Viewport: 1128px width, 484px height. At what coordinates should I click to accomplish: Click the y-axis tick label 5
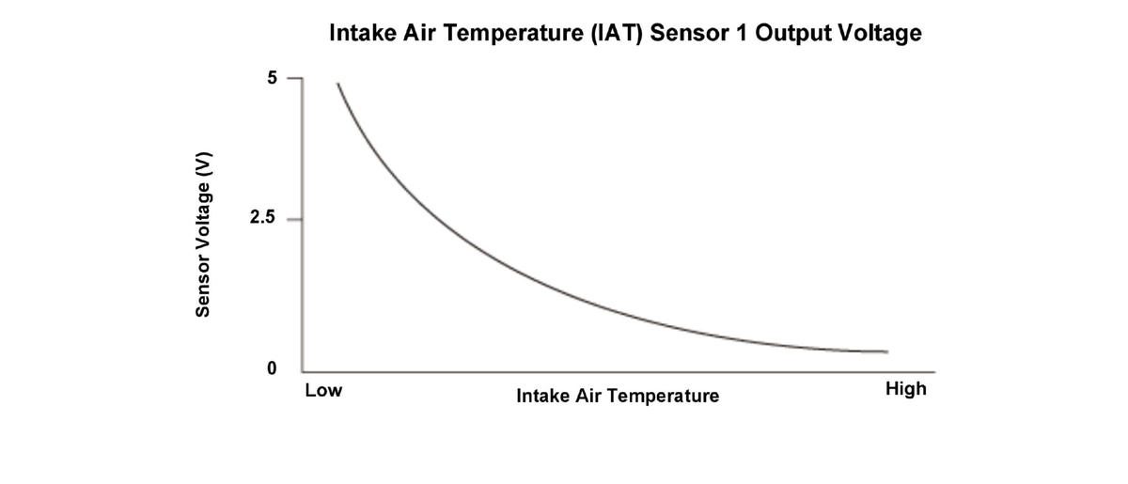272,78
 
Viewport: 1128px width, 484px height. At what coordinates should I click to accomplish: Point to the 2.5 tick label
262,219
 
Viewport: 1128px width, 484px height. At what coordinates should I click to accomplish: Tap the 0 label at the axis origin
272,369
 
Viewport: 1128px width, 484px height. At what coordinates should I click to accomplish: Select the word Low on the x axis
323,390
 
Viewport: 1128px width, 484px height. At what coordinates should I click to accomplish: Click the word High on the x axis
906,389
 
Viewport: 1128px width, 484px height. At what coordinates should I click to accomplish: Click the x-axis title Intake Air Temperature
618,396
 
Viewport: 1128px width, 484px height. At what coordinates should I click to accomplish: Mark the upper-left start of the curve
337,84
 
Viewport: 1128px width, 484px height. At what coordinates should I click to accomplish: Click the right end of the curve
886,351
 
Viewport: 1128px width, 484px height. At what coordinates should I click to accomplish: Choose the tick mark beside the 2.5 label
292,219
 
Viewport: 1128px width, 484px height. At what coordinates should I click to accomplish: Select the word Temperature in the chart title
505,34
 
